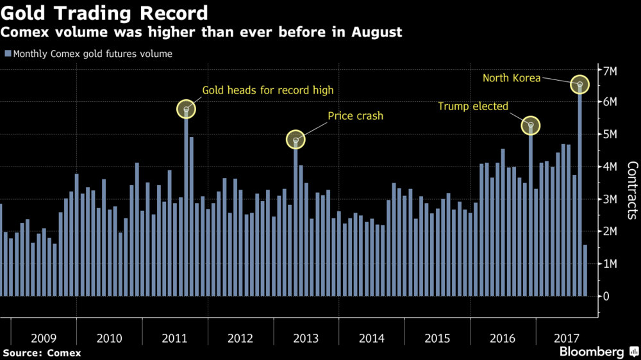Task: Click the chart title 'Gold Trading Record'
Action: pyautogui.click(x=106, y=13)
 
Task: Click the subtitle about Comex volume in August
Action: pyautogui.click(x=202, y=32)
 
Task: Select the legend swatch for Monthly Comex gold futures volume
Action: pyautogui.click(x=8, y=54)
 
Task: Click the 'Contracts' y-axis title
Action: pyautogui.click(x=631, y=191)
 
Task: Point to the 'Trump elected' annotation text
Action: pyautogui.click(x=473, y=106)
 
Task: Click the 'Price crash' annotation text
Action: pyautogui.click(x=355, y=116)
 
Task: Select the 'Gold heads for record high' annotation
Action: pyautogui.click(x=268, y=90)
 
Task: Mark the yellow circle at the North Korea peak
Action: pyautogui.click(x=580, y=85)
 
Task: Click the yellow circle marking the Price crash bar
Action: pyautogui.click(x=296, y=140)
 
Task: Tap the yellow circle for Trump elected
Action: pyautogui.click(x=531, y=126)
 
